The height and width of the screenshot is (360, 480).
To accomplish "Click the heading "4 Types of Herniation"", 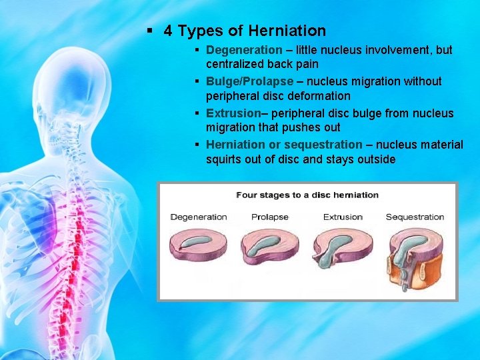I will [244, 31].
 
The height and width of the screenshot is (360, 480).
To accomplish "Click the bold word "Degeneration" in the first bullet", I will [244, 50].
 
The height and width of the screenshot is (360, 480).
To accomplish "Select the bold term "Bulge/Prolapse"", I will [249, 81].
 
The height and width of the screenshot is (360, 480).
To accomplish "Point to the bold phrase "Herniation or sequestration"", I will [284, 145].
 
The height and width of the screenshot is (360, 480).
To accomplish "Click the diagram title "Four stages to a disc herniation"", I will [307, 195].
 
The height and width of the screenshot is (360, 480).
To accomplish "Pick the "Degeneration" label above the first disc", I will [199, 217].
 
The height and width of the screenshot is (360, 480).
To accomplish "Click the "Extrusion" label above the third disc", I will [343, 217].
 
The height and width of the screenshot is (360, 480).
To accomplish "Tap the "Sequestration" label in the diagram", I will [415, 217].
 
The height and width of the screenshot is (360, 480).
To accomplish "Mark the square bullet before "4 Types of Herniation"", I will [150, 31].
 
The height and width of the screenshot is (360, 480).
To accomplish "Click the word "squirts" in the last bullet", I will [226, 159].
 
